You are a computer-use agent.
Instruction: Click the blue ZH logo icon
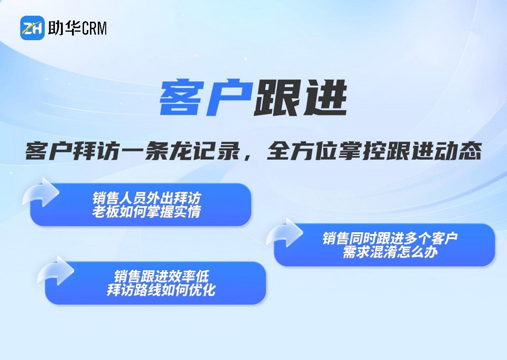[x=32, y=28]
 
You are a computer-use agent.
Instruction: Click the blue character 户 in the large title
[x=229, y=98]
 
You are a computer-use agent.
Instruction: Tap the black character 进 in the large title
[x=324, y=98]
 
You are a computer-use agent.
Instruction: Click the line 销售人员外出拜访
[x=147, y=198]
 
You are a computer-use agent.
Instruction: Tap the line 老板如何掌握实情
[x=147, y=211]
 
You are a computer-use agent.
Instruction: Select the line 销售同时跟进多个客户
[x=390, y=238]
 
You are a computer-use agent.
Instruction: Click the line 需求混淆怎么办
[x=390, y=252]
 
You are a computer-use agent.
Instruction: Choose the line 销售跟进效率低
[x=161, y=276]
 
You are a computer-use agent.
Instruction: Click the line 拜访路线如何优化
[x=161, y=290]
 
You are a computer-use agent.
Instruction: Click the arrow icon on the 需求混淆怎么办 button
[x=284, y=232]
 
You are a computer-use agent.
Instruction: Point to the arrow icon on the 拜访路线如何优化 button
[x=55, y=271]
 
